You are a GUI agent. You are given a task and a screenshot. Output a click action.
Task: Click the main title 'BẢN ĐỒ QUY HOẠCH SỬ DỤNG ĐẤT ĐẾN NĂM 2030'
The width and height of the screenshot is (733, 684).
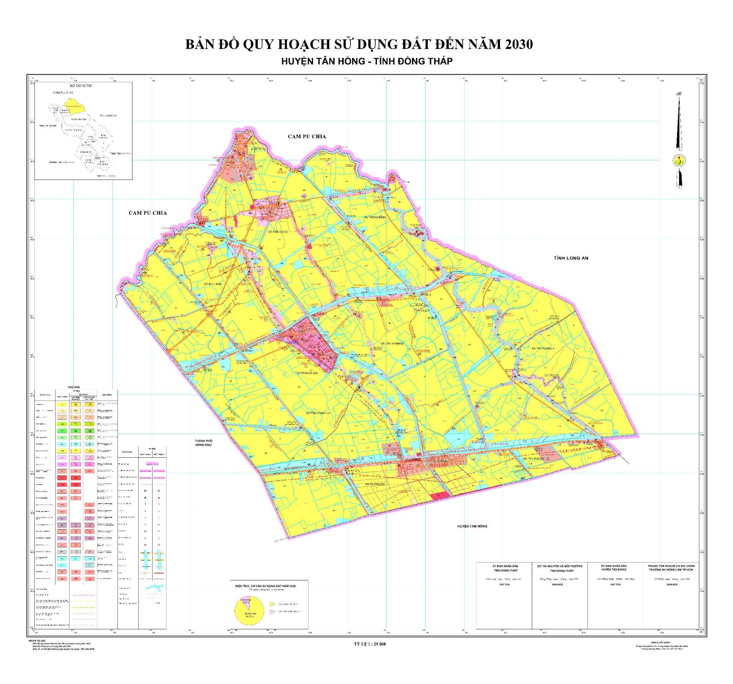tap(359, 45)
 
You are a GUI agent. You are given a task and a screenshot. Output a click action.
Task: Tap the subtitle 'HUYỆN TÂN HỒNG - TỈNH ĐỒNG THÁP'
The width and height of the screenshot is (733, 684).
tap(366, 62)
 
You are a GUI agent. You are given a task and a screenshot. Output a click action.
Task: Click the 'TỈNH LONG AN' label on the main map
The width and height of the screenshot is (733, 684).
tap(571, 258)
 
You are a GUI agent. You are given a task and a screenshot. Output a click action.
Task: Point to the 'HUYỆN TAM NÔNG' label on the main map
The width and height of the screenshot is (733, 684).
tap(472, 526)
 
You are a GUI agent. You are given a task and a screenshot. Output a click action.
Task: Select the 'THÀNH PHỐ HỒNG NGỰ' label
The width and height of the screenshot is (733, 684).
tap(204, 443)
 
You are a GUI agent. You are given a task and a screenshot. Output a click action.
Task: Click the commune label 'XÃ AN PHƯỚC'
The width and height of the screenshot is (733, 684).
tap(377, 484)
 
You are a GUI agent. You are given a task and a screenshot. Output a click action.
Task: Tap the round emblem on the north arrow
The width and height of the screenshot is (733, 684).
tap(679, 161)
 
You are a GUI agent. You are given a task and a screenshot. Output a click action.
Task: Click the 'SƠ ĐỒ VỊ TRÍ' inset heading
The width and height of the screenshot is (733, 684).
tap(83, 85)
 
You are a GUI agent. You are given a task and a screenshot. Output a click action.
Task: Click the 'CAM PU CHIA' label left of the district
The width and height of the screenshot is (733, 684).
tap(147, 213)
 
